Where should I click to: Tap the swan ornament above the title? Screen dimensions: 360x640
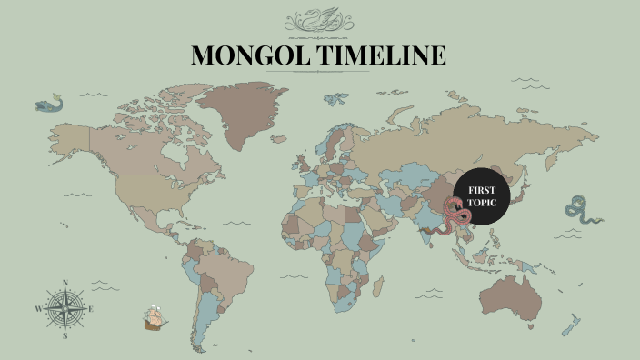click(319, 20)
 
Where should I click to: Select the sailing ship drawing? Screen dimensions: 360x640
click(155, 318)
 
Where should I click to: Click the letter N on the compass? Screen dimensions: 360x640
click(65, 282)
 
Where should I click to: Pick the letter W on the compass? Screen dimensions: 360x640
click(38, 309)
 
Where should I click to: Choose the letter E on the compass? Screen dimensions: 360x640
click(92, 309)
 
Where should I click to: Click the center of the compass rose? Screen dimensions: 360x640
click(65, 309)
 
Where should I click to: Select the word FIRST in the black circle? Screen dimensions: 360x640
click(481, 189)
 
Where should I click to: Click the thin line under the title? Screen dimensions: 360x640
click(319, 72)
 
